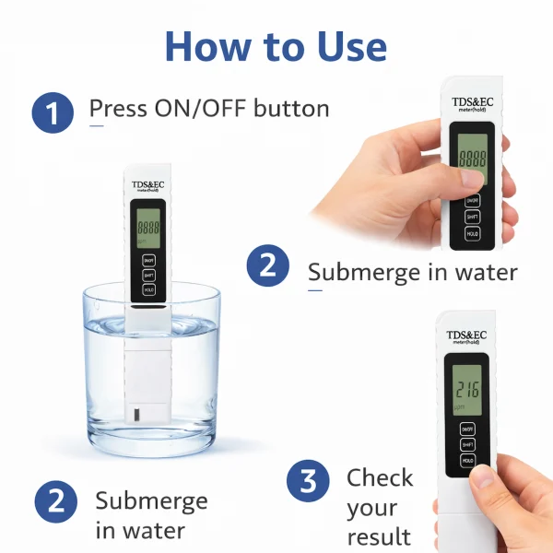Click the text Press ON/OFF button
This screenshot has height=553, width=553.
(x=209, y=109)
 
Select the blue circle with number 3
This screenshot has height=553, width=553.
(x=307, y=482)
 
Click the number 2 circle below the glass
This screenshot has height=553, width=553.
(x=55, y=502)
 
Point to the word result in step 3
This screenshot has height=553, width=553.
(x=379, y=536)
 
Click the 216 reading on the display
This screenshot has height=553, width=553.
(x=468, y=390)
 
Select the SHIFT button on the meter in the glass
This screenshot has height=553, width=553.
(x=148, y=274)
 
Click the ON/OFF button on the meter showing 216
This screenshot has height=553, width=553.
(x=468, y=428)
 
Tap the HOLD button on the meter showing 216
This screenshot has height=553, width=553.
(x=468, y=458)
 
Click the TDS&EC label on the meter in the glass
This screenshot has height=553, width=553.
(x=148, y=183)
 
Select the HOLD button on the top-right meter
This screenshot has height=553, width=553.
(x=472, y=234)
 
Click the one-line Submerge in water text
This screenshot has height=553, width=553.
(x=412, y=273)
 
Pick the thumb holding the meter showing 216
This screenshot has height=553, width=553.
(x=483, y=477)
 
